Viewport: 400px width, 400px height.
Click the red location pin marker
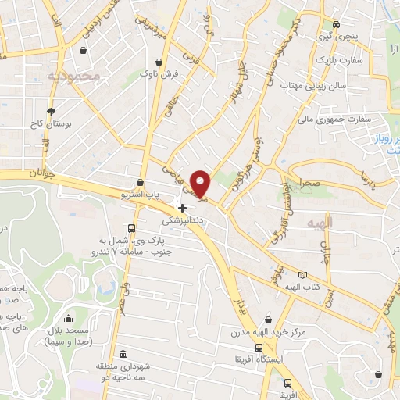click(202, 183)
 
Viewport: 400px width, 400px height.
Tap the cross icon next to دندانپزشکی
click(183, 208)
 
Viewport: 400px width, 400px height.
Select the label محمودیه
click(74, 77)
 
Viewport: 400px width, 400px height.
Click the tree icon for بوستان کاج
click(52, 112)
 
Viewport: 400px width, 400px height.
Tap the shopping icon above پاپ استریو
click(140, 182)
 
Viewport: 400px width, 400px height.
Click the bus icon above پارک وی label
click(131, 229)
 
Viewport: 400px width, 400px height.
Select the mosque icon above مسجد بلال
click(69, 318)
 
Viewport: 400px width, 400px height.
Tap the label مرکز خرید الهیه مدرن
click(300, 333)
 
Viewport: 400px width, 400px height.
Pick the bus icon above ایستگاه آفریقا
click(259, 348)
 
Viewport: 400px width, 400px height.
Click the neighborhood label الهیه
click(341, 223)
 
